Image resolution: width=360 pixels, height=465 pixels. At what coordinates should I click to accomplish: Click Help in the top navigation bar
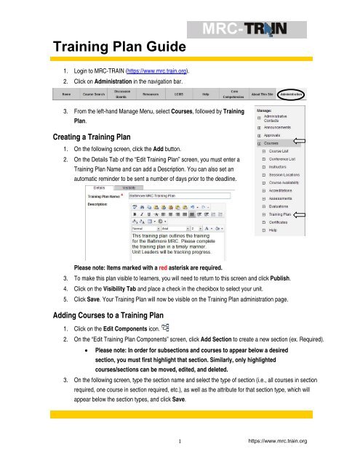tap(207, 94)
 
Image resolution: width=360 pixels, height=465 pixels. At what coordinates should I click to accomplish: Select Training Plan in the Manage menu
tap(280, 214)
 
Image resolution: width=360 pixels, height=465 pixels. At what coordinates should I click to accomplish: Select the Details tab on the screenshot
tap(100, 187)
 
